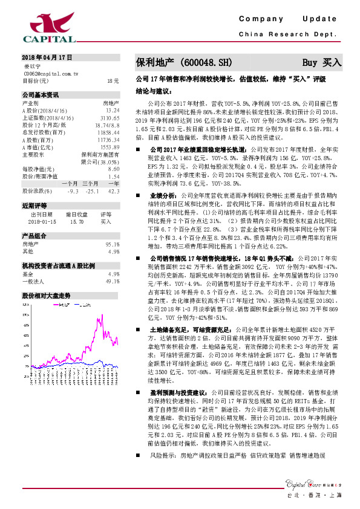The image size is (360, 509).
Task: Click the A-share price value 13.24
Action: point(112,111)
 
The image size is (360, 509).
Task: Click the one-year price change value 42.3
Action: point(114,190)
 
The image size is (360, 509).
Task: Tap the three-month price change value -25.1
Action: point(92,190)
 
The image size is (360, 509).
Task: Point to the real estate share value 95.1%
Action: point(112,244)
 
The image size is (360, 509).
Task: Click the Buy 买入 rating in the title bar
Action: point(322,62)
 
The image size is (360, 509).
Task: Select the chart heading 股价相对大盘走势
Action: point(46,296)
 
